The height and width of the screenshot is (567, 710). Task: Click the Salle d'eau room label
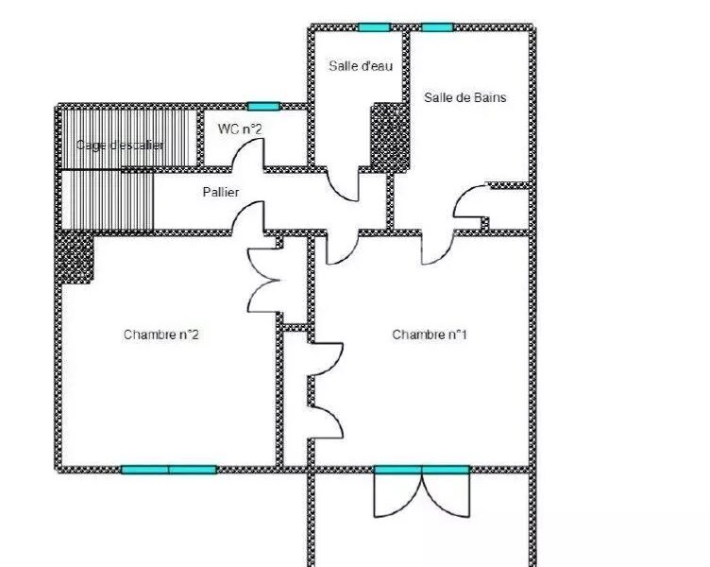pos(361,66)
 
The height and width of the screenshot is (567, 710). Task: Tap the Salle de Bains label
pos(465,97)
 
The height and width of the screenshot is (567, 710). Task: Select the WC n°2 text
pos(240,129)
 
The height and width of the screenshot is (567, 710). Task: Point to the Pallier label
pos(221,192)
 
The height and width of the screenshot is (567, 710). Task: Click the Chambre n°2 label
pos(161,335)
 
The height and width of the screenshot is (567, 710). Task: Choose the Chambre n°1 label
pos(430,335)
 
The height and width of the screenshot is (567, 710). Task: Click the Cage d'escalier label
pos(120,146)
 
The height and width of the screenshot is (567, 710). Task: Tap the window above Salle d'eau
pos(374,27)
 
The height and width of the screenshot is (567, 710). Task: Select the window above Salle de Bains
pos(437,27)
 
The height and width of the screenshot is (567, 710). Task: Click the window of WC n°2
pos(263,107)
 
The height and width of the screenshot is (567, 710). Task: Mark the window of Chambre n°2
pos(169,470)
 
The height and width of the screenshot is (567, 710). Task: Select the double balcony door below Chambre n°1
pos(421,491)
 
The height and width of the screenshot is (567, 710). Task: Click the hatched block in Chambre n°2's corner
pos(75,258)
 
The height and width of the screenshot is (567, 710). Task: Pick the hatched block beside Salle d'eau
pos(390,137)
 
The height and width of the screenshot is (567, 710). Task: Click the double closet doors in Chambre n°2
pos(263,281)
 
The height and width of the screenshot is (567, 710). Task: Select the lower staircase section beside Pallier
pos(108,200)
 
